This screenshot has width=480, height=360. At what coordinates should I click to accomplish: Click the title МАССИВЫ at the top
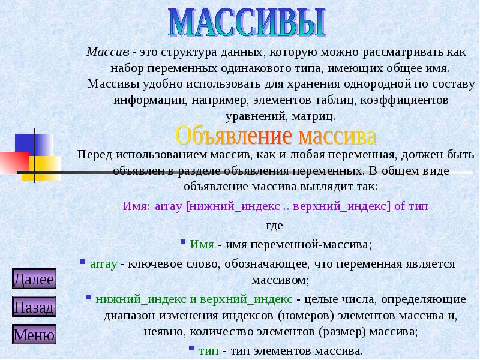pos(247,23)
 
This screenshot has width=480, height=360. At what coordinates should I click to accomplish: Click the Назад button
pos(34,308)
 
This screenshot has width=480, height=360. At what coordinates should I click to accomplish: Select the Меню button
pos(34,335)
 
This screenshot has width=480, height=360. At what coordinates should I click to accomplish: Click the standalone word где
pos(274,226)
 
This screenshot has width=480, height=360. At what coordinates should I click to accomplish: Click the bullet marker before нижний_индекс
pos(88,296)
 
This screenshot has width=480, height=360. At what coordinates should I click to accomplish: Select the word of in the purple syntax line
pos(400,206)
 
